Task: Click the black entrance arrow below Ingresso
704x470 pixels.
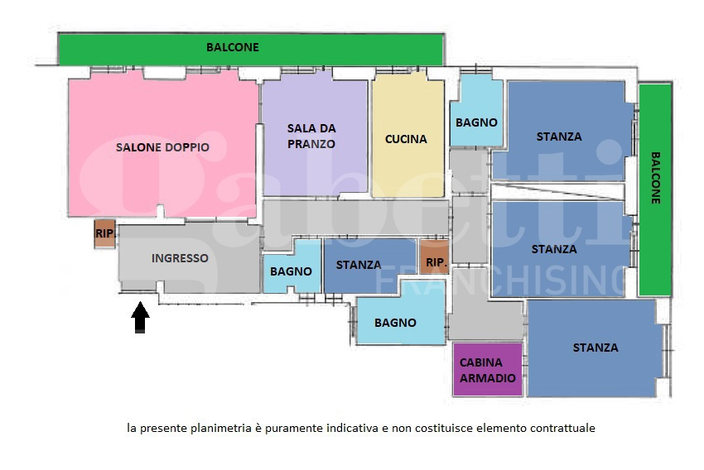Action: (140, 318)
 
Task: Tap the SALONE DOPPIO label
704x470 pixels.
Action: (162, 147)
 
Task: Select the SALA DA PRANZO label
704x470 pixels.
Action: (311, 136)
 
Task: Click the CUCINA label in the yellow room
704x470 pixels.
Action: (406, 139)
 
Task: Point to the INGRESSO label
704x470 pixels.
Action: (180, 258)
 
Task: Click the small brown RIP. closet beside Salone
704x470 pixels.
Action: (104, 234)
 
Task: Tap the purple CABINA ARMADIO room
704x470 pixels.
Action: (488, 370)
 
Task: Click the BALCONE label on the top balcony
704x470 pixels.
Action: (233, 47)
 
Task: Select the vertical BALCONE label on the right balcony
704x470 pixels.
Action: (655, 178)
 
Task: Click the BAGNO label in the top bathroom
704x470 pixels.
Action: (476, 122)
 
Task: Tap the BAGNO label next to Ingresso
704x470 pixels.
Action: (292, 271)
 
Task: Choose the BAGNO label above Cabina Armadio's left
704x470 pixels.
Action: (395, 323)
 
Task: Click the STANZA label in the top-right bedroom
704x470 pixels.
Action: (559, 137)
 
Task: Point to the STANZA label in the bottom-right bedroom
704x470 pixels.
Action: (596, 348)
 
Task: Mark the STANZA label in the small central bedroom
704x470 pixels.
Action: (359, 265)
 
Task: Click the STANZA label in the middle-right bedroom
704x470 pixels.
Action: (554, 249)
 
